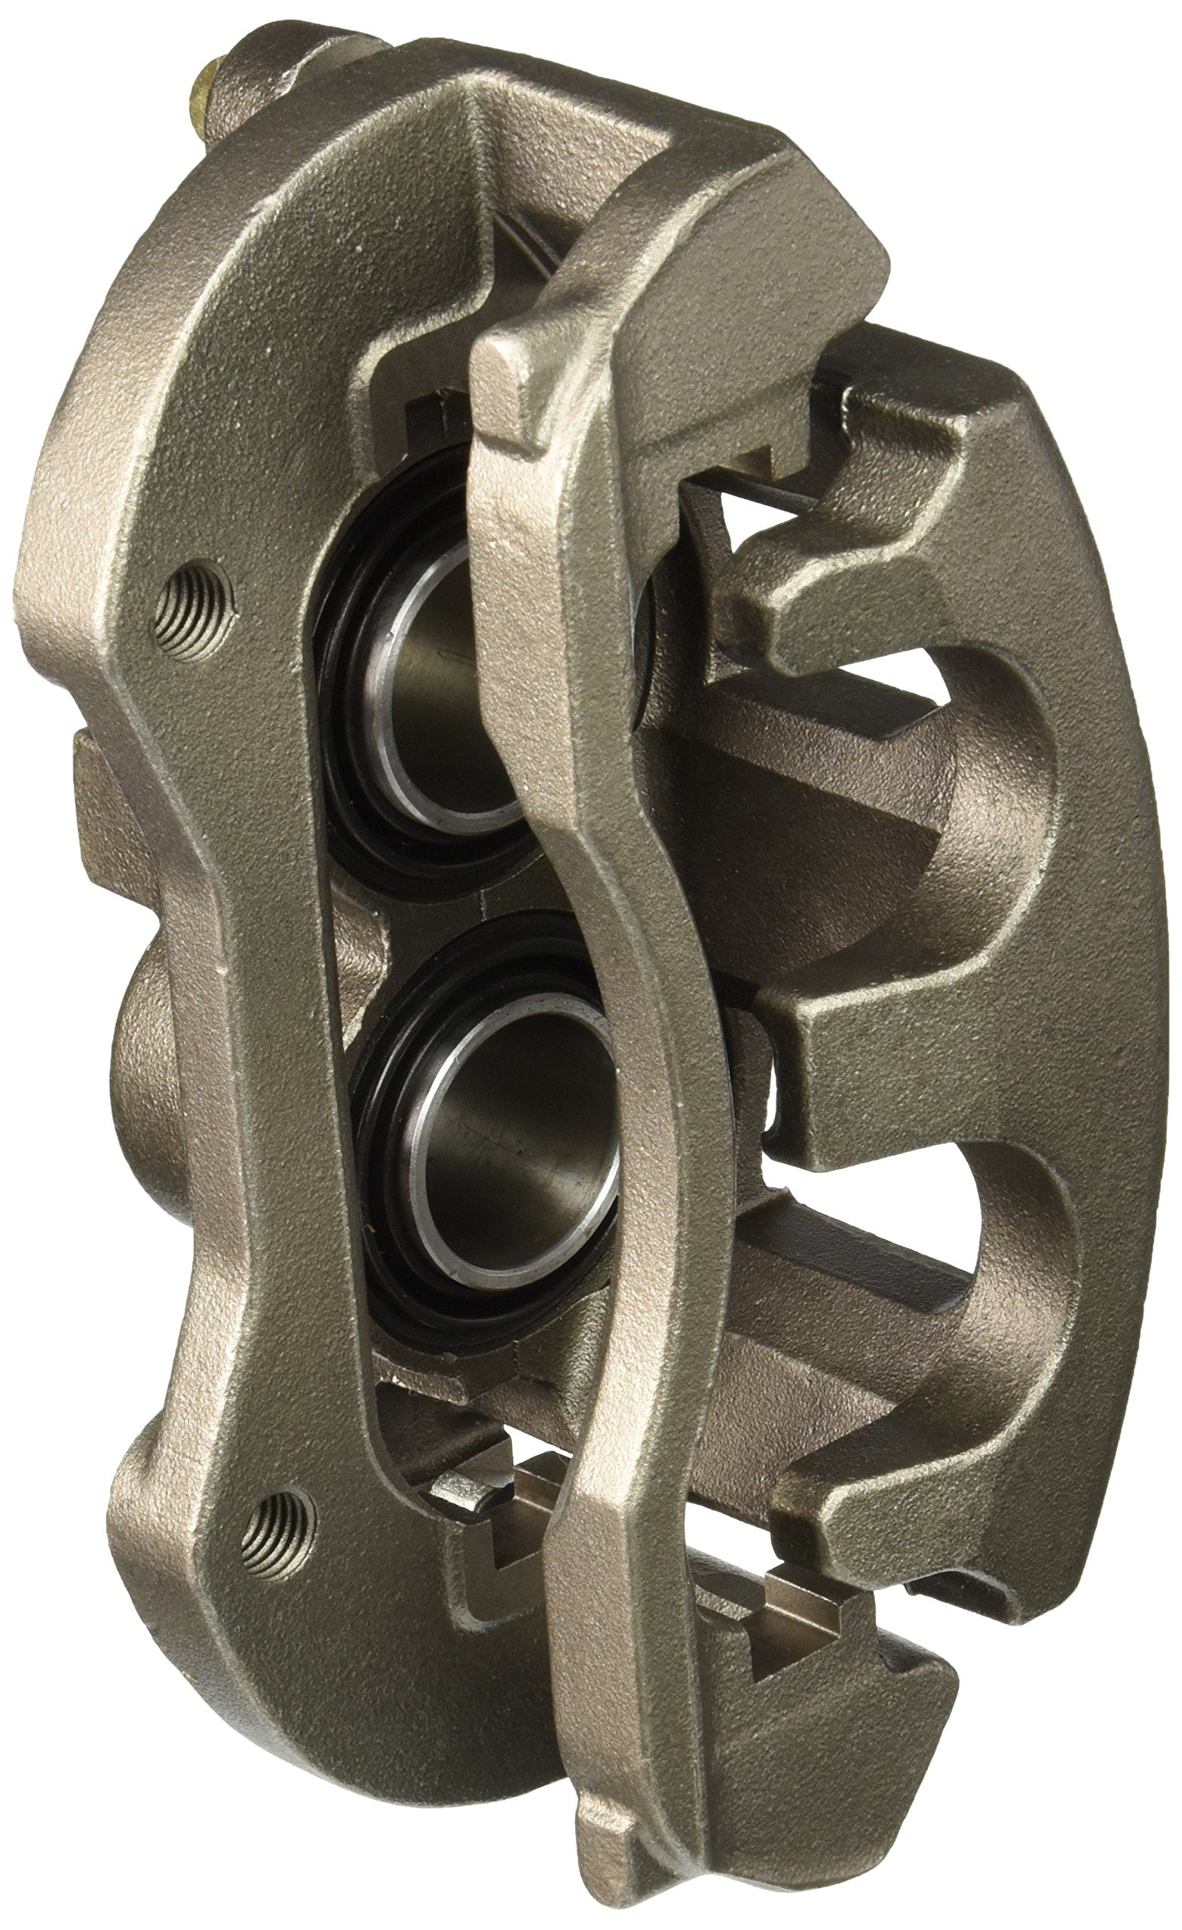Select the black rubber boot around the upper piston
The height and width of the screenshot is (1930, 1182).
368,752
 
